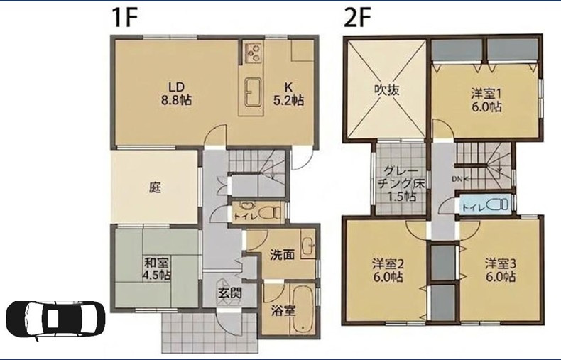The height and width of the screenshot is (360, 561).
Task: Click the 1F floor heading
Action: (125, 18)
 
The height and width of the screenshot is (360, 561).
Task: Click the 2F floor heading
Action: (356, 18)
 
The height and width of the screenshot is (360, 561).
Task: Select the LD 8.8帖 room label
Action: (176, 93)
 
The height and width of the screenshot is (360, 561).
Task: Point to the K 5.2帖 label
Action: (288, 93)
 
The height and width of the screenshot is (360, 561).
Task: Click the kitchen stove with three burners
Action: (254, 52)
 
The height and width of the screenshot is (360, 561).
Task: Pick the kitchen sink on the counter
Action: (253, 92)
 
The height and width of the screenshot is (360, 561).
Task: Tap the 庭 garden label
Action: (155, 187)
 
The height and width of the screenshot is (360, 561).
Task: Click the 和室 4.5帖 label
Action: (157, 268)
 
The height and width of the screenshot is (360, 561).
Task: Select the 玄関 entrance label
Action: (229, 293)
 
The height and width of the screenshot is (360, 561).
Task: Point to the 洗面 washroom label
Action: (283, 255)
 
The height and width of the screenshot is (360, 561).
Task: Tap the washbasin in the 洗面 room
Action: (307, 245)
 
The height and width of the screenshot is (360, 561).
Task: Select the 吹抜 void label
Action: (387, 89)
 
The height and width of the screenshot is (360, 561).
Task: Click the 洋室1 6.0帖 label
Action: (486, 101)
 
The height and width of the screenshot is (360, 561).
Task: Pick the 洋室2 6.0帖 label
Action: (388, 271)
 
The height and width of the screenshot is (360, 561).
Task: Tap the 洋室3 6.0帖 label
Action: (501, 271)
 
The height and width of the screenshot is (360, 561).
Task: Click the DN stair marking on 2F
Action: (457, 179)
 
